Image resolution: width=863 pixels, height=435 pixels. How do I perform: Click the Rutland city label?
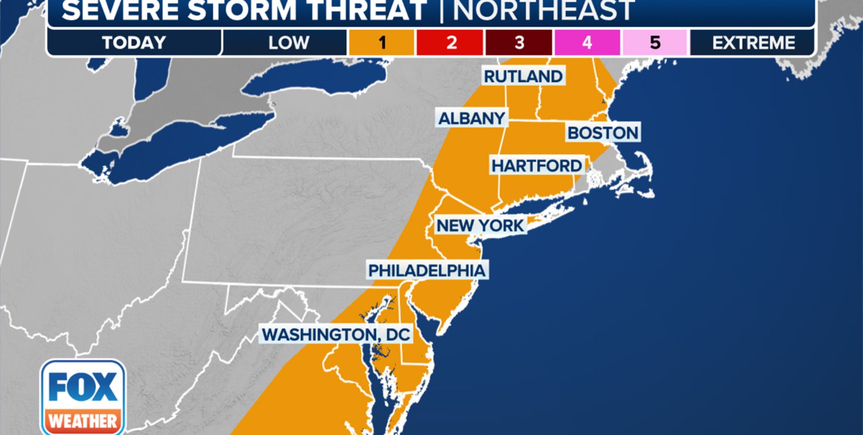tap(523, 76)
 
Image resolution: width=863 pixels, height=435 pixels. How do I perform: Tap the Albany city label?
tap(471, 118)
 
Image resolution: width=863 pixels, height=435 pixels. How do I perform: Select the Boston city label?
tap(603, 133)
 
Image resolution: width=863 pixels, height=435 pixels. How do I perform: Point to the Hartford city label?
tap(537, 166)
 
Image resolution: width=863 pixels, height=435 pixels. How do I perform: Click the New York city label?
tap(480, 225)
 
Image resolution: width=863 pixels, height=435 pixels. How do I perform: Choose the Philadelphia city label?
tap(426, 270)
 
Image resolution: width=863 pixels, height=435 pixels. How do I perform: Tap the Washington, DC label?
tap(336, 334)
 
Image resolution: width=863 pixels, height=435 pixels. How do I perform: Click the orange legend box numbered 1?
tap(381, 43)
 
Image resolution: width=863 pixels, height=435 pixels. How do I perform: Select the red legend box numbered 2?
tap(450, 43)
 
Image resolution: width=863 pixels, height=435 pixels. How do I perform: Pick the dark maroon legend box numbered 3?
tap(519, 43)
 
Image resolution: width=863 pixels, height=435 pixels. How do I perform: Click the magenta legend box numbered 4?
tap(587, 43)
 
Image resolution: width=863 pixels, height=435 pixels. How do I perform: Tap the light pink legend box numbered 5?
tap(655, 43)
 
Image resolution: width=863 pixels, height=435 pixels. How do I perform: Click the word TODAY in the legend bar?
tap(134, 43)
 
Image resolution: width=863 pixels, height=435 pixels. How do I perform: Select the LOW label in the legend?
tap(288, 43)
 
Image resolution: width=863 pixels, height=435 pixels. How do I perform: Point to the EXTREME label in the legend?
tap(753, 43)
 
